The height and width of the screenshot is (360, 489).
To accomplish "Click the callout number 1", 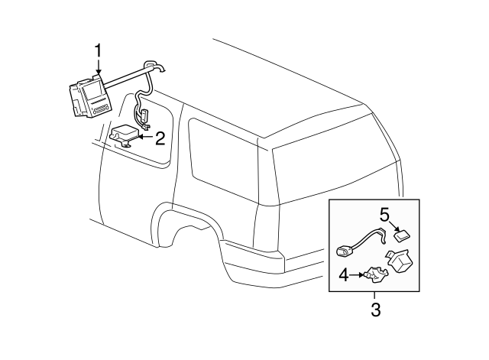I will click(97, 50).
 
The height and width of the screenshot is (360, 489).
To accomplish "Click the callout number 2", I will click(160, 138).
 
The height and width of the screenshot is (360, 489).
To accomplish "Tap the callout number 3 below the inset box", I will click(374, 310).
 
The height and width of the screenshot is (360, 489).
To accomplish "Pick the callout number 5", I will click(386, 213).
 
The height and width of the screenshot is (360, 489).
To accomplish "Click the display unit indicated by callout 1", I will click(88, 98).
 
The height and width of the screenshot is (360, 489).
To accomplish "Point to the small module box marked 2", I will click(126, 135).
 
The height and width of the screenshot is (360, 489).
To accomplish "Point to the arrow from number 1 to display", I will click(97, 67).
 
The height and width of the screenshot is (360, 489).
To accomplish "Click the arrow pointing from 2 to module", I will click(145, 138).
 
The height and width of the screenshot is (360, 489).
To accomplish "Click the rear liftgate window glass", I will click(329, 164).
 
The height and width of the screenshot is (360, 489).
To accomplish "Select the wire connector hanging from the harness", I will click(142, 116).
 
